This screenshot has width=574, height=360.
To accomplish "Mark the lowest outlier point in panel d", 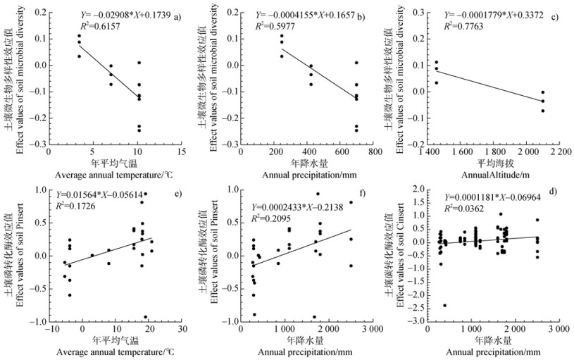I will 445,305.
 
